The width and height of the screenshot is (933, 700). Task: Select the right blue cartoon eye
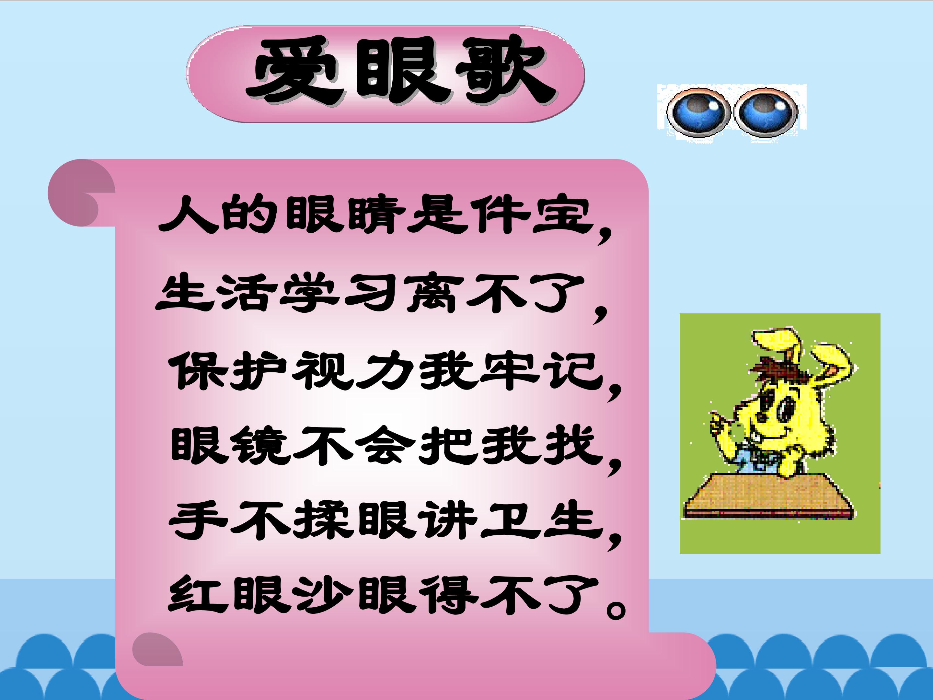[765, 112]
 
